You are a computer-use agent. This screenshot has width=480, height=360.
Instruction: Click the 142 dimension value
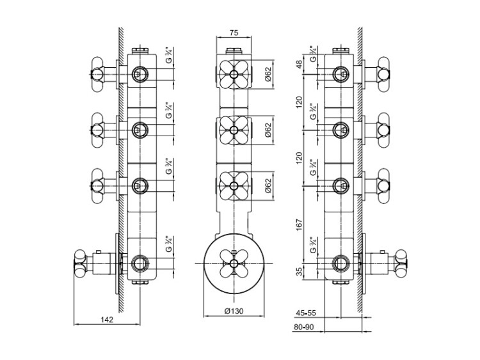pos(107,320)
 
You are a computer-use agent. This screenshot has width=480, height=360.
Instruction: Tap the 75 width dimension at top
pos(234,33)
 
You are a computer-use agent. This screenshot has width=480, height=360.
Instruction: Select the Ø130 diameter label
pos(234,311)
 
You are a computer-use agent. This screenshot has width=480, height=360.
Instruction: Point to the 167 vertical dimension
pos(300,224)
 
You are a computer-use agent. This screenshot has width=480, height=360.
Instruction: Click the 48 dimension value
pos(300,64)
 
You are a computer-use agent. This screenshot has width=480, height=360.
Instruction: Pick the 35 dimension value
pos(300,271)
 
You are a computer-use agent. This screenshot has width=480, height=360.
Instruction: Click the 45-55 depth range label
pos(305,313)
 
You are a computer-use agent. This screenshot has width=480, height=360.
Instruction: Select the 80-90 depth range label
pos(304,327)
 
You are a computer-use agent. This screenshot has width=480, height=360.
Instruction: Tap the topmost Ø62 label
pos(268,74)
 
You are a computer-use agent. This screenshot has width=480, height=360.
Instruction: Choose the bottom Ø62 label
pos(268,185)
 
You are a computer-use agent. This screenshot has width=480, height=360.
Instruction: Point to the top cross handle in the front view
pos(234,74)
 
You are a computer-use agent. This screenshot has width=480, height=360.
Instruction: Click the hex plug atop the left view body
pos(140,51)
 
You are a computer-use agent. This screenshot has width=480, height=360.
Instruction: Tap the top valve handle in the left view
pos(98,74)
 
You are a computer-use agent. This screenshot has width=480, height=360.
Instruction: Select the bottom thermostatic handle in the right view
pos(401,263)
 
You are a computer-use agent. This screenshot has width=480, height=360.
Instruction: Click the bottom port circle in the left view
pos(140,263)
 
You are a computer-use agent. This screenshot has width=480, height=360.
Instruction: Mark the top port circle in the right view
pos(340,74)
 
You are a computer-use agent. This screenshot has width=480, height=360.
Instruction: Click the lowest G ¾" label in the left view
pos(169,244)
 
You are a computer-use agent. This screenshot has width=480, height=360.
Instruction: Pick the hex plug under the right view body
pos(340,282)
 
